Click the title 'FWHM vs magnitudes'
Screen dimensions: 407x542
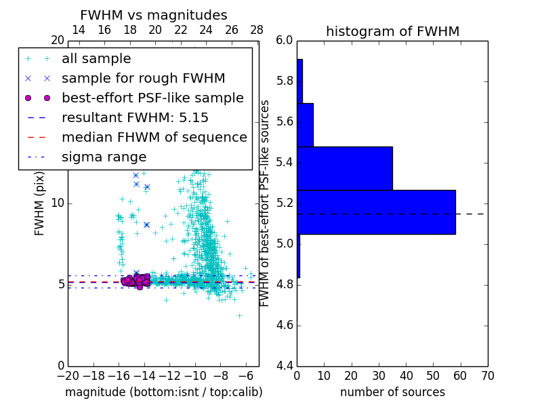point(154,15)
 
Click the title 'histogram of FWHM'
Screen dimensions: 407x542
point(392,31)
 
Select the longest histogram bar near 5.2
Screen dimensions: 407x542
point(376,212)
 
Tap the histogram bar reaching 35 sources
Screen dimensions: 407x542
point(344,168)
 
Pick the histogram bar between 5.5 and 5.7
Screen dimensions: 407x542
point(305,125)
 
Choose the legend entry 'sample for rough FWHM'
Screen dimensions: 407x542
point(143,78)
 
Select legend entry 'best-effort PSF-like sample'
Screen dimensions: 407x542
point(152,98)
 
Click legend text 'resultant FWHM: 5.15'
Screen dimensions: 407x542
point(135,117)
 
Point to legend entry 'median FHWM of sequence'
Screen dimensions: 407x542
point(154,137)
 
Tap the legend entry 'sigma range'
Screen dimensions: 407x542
point(104,157)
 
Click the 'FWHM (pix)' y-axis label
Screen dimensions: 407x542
point(40,203)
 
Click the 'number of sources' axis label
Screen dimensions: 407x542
point(392,392)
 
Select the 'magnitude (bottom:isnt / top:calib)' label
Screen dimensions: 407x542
point(163,392)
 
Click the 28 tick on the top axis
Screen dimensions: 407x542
point(257,30)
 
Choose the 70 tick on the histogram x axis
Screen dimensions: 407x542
point(486,376)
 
